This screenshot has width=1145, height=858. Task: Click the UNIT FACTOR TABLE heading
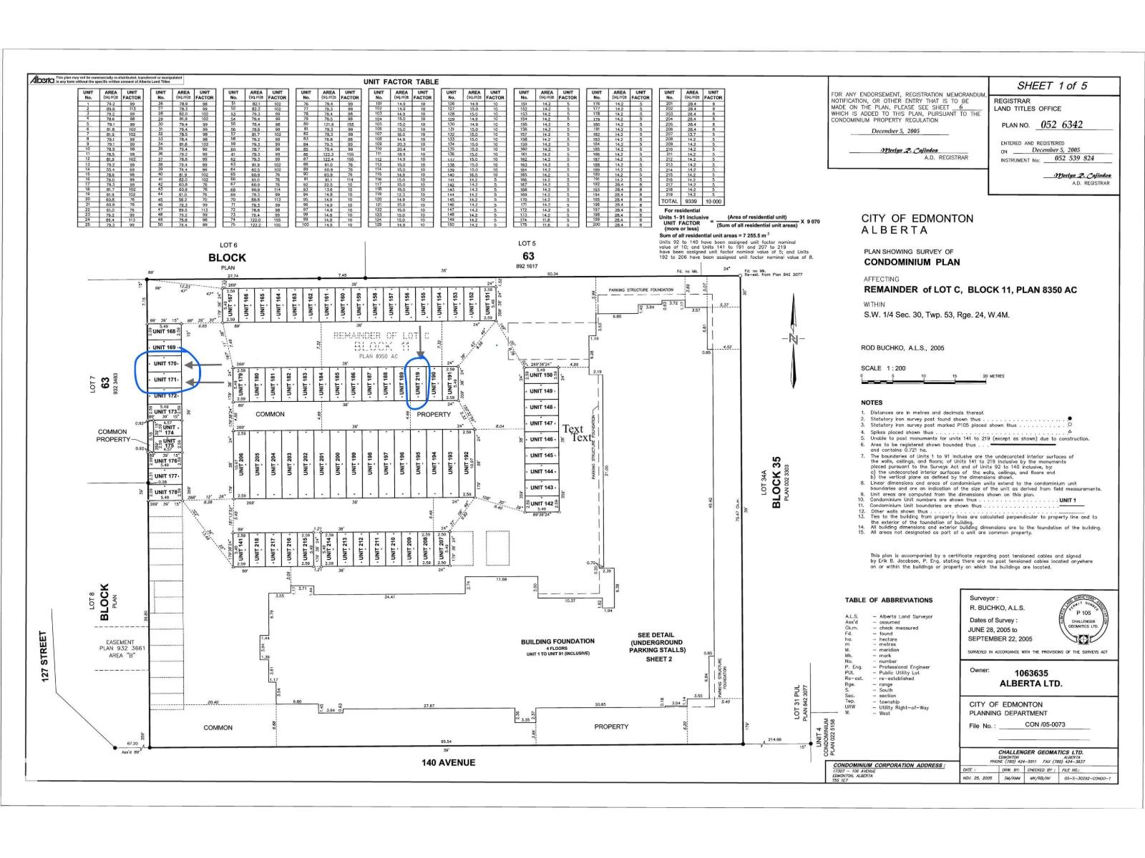[x=400, y=82]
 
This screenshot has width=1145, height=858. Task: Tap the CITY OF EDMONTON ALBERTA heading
[x=917, y=224]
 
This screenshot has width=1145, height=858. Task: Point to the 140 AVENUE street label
[x=449, y=762]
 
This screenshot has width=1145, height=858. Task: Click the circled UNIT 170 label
[x=165, y=364]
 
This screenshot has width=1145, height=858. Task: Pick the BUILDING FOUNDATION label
[x=557, y=642]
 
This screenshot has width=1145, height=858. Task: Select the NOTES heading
[x=872, y=403]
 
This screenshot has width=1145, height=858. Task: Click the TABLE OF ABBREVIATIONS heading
[x=888, y=600]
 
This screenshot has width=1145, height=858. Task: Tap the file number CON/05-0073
[x=1044, y=725]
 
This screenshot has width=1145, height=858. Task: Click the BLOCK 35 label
[x=776, y=483]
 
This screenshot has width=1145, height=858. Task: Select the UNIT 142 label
[x=540, y=503]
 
